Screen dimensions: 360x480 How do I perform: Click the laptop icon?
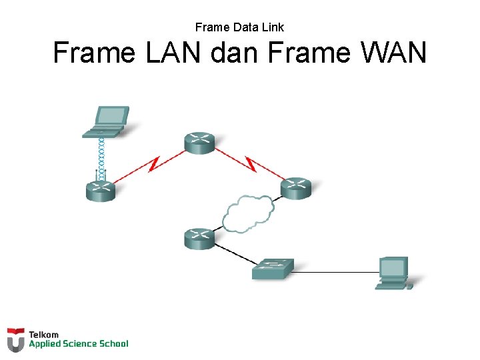[x=104, y=121]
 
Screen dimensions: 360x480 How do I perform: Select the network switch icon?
[x=273, y=268]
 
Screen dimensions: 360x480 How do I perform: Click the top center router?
[x=199, y=143]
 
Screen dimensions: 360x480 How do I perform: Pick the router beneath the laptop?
[x=101, y=190]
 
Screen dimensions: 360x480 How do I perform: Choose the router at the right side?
[x=295, y=188]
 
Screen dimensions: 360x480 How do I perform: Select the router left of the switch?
[x=199, y=238]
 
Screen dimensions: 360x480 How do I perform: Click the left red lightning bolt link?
[x=153, y=163]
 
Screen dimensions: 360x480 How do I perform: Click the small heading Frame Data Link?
[x=239, y=27]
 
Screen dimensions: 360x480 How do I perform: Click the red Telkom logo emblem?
[x=16, y=339]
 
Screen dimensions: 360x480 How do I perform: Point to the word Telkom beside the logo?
[x=43, y=334]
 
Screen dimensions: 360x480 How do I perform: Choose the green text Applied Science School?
[x=78, y=344]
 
